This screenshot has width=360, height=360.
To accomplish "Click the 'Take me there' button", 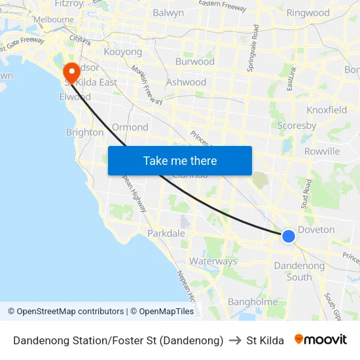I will point(180,160).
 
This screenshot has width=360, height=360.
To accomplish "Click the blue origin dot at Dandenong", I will point(289,236).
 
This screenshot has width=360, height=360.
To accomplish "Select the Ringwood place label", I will point(308,12).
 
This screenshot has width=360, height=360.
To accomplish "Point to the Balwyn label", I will point(168,12).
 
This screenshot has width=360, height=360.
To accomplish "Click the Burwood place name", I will point(194,62).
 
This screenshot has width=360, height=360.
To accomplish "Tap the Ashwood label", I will point(186,82).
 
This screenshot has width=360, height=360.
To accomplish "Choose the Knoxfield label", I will point(327,110).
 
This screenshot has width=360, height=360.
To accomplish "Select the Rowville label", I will point(322,151).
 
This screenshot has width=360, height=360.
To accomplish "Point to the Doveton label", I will point(316,230).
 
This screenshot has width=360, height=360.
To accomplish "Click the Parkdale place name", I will point(166,233).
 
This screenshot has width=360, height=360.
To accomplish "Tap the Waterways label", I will point(213,261).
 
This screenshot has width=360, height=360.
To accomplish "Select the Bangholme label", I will point(253,302).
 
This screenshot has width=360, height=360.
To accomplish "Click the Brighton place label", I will point(85,132).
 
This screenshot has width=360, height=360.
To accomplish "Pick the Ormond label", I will point(130,127).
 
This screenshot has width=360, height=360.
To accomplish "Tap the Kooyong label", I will point(123,52).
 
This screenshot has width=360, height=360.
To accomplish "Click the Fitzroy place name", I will point(69,3).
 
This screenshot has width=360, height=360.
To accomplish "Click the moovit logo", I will point(320,340).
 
